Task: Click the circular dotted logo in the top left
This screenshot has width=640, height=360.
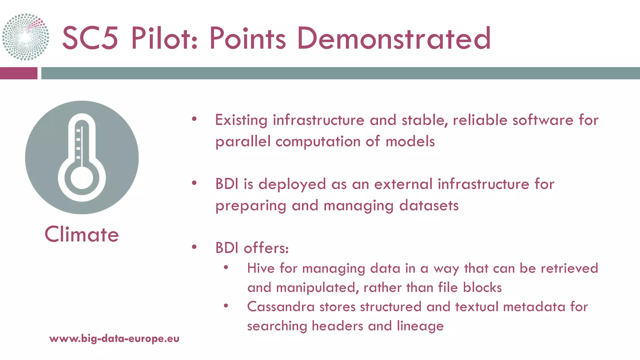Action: point(26,37)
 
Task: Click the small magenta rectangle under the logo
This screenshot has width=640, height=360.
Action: point(18,73)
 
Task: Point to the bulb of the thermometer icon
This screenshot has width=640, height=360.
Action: point(82,178)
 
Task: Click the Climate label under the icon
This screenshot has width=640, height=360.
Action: point(82,234)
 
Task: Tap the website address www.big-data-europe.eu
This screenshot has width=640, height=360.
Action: point(114,338)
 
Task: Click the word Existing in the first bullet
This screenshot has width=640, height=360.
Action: point(241,120)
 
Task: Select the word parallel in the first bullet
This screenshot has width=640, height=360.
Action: point(243,142)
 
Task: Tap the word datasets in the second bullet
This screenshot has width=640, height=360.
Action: point(429,206)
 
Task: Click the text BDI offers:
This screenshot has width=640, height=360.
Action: point(252,248)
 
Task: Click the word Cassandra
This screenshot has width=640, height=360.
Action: point(281,307)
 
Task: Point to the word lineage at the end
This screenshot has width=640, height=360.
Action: point(420,326)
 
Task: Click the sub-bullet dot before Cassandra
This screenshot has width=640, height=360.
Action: point(226,306)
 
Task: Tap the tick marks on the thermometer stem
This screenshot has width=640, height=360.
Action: point(78,144)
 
